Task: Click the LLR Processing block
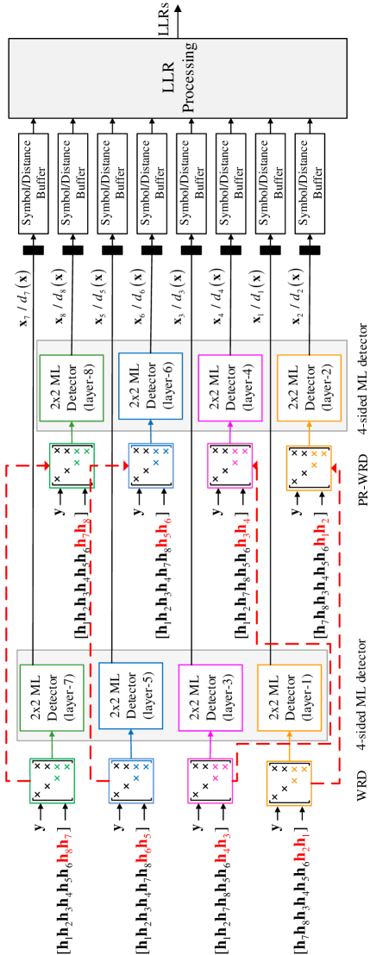pos(178,78)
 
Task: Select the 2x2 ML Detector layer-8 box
pos(72,388)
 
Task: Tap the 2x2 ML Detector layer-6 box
pos(150,386)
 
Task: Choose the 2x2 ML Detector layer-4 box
pos(230,388)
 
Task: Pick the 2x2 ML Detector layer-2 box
pos(309,388)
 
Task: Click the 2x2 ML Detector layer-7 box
pos(52,697)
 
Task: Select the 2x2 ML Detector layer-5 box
pos(130,696)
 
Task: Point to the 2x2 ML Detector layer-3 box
pos(210,697)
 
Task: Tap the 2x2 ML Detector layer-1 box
pos(289,697)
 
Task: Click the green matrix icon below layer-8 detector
pos(72,465)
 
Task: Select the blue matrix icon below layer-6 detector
pos(151,465)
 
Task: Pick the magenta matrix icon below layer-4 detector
pos(229,465)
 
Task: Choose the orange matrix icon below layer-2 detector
pos(309,468)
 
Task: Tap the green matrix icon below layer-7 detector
pos(52,781)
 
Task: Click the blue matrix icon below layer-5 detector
pos(131,781)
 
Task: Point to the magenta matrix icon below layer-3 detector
pos(210,781)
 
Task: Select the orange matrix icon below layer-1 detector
pos(289,783)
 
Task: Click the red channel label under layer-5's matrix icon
pos(143,848)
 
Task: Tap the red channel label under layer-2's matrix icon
pos(321,532)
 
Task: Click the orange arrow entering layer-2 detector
pos(309,434)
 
